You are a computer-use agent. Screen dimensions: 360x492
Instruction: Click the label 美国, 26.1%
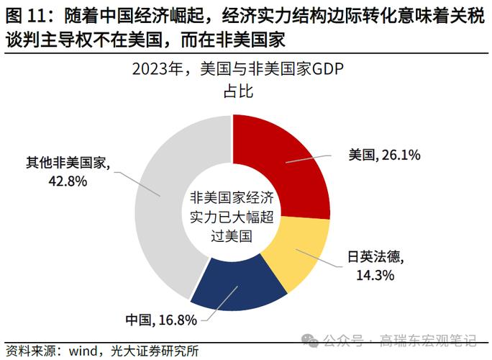pos(384,155)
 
